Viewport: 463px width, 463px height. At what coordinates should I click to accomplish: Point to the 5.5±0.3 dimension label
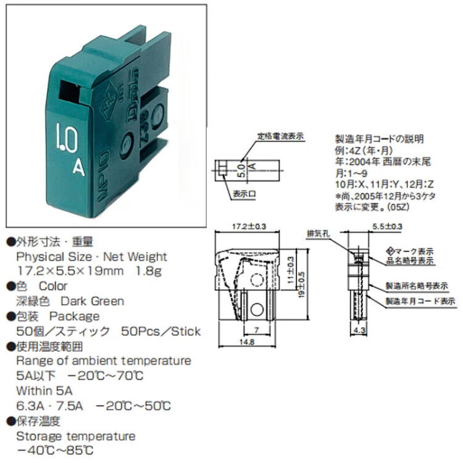click(387, 227)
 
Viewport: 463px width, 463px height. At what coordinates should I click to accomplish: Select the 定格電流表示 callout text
click(280, 136)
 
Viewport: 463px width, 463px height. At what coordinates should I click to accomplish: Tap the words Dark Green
click(93, 301)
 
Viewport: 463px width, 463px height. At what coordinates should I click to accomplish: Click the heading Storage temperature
click(75, 436)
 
